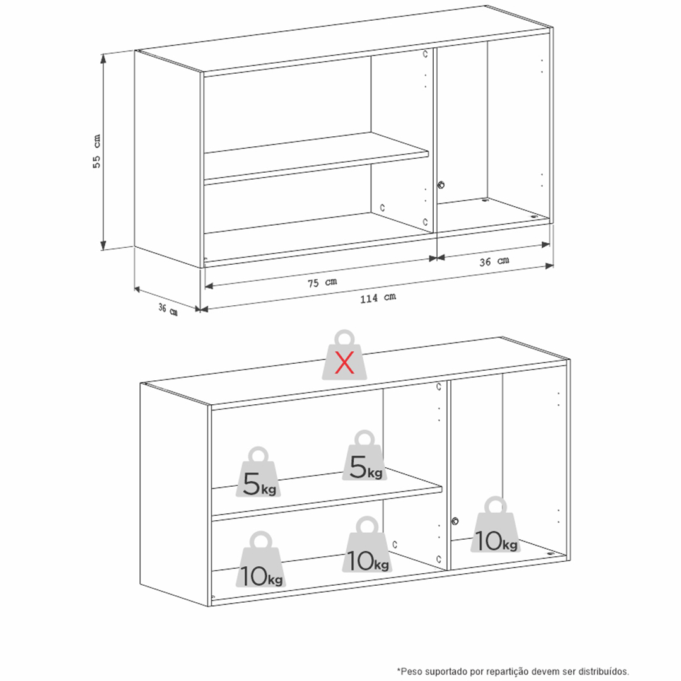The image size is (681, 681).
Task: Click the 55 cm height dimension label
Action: (x=96, y=151)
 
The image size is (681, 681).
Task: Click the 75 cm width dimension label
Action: (x=322, y=282)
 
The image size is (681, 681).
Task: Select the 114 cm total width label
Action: (x=378, y=298)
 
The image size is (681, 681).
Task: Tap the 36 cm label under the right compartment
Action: (x=494, y=262)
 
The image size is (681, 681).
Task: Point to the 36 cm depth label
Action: (x=168, y=309)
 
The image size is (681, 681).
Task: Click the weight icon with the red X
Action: (x=344, y=355)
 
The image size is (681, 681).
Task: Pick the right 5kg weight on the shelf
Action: (x=364, y=455)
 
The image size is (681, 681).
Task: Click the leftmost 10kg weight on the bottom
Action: (x=260, y=559)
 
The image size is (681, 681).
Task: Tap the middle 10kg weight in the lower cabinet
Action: (x=368, y=544)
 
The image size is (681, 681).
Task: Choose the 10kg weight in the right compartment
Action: (x=496, y=525)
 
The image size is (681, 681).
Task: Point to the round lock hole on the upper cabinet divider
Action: (x=441, y=185)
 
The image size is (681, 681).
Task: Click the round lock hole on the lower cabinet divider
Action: (x=455, y=521)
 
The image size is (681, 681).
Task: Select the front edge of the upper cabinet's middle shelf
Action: (x=316, y=167)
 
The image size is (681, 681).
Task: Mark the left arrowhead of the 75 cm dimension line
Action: (x=209, y=286)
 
